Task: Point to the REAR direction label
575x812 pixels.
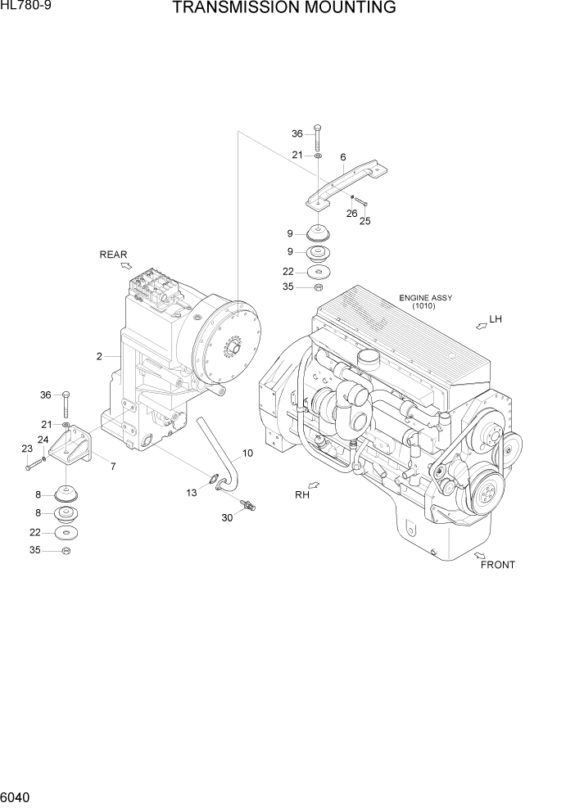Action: [114, 255]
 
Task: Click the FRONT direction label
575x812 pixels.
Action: [498, 565]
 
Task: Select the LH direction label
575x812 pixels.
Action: [495, 318]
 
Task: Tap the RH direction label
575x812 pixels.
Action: [301, 494]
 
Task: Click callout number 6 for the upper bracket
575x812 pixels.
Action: [342, 157]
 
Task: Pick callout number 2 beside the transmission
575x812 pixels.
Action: [99, 356]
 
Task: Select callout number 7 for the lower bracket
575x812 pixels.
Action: [112, 467]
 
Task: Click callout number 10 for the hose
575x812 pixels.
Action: [247, 453]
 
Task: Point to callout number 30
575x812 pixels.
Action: [227, 517]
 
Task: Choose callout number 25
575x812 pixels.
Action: [365, 221]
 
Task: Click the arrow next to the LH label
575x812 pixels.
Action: [479, 325]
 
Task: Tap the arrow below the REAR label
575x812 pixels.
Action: [125, 264]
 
